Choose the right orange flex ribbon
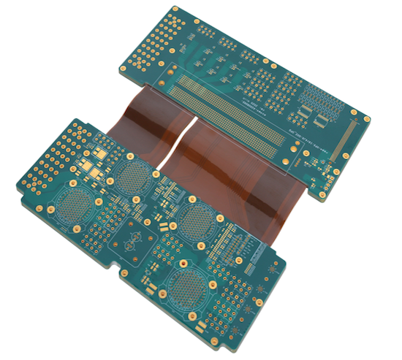(x=241, y=175)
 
